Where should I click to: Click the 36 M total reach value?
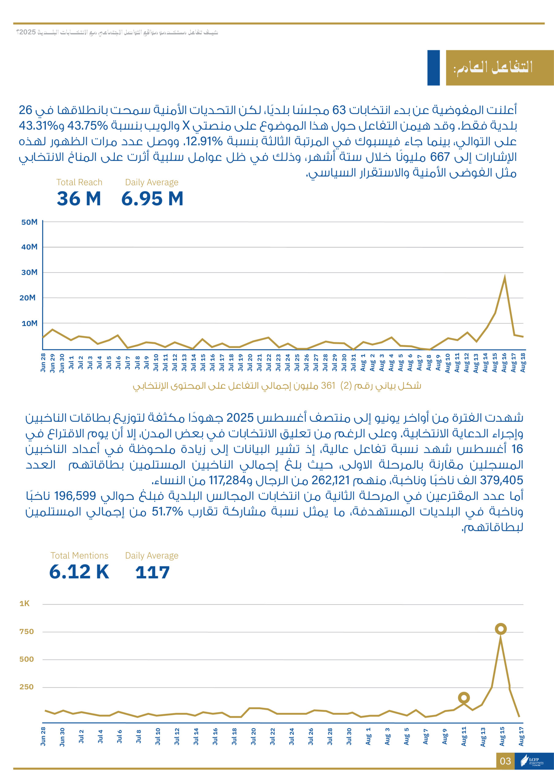[79, 199]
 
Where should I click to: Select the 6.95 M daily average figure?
[152, 199]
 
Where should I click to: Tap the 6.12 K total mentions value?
[79, 572]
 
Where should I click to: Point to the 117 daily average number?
[152, 572]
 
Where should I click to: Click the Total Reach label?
[79, 183]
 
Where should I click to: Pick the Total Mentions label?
[79, 555]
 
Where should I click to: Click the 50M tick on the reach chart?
[29, 222]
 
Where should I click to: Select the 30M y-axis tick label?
[29, 273]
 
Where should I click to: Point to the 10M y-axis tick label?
[29, 323]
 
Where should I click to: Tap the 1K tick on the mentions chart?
[24, 604]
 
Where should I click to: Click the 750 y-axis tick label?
[26, 632]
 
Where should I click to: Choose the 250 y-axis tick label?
[26, 687]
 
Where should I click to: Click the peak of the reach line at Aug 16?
[504, 278]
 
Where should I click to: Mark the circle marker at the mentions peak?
[501, 629]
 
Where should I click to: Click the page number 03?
[505, 761]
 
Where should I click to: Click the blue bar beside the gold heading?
[433, 68]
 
